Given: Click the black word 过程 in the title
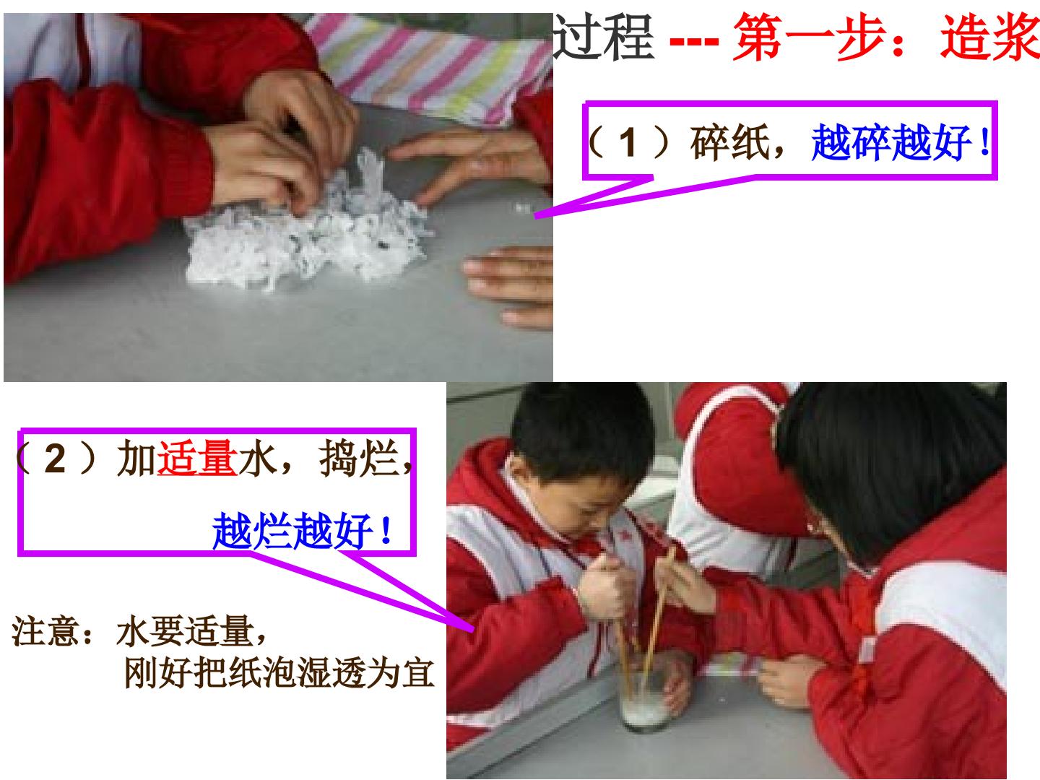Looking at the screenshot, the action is tap(603, 37).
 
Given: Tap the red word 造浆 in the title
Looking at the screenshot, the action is tap(990, 37).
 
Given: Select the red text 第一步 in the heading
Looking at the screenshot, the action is tap(810, 37).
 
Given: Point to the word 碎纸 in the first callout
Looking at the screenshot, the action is tap(729, 142).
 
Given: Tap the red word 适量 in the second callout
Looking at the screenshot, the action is tap(196, 458).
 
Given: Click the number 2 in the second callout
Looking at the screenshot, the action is tap(55, 459).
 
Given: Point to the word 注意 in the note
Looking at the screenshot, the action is tap(44, 630).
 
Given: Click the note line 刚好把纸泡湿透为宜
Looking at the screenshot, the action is tap(279, 673).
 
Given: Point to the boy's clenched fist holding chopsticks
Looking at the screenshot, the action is tap(602, 588).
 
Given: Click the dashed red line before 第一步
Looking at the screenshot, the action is tap(693, 41).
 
